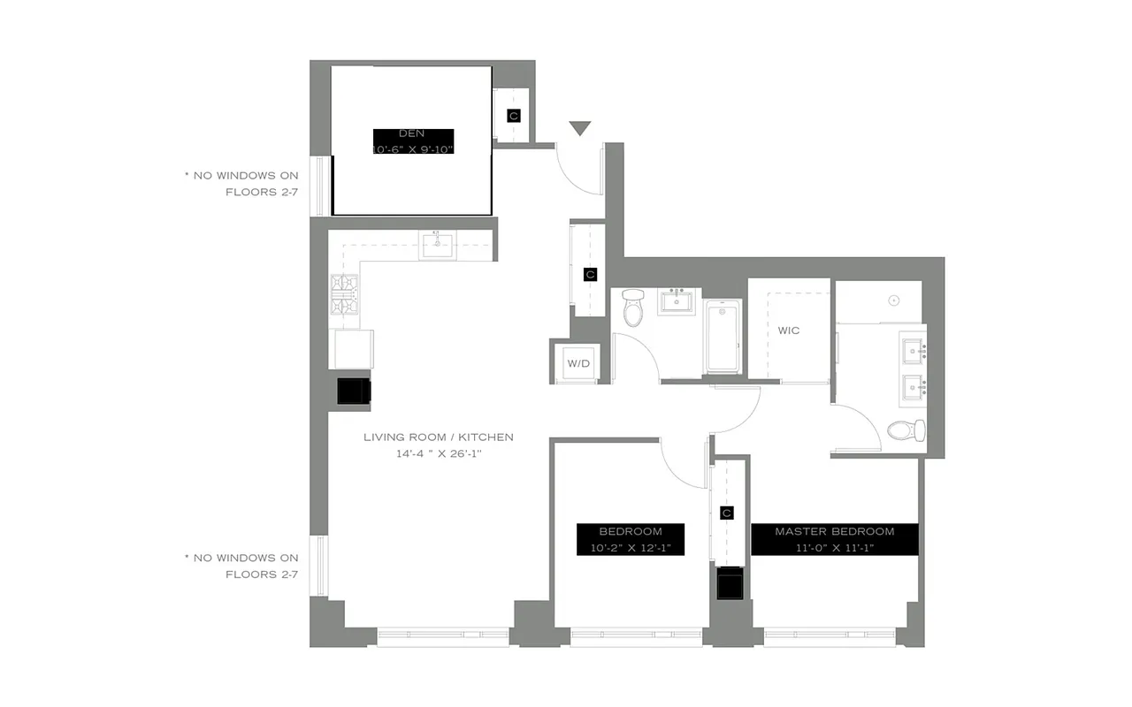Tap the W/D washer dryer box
pyautogui.click(x=577, y=363)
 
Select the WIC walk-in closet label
pyautogui.click(x=788, y=331)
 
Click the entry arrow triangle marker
pyautogui.click(x=579, y=129)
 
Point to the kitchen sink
pyautogui.click(x=439, y=245)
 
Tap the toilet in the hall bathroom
pyautogui.click(x=632, y=308)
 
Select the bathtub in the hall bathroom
pyautogui.click(x=723, y=336)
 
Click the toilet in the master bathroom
pyautogui.click(x=907, y=431)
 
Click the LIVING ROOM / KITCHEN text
pyautogui.click(x=438, y=437)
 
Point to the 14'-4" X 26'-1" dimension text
pyautogui.click(x=438, y=453)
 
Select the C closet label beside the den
pyautogui.click(x=513, y=116)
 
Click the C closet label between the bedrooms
pyautogui.click(x=727, y=513)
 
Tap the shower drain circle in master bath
pyautogui.click(x=894, y=300)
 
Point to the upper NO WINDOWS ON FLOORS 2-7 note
pyautogui.click(x=241, y=183)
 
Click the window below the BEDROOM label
pyautogui.click(x=636, y=633)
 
